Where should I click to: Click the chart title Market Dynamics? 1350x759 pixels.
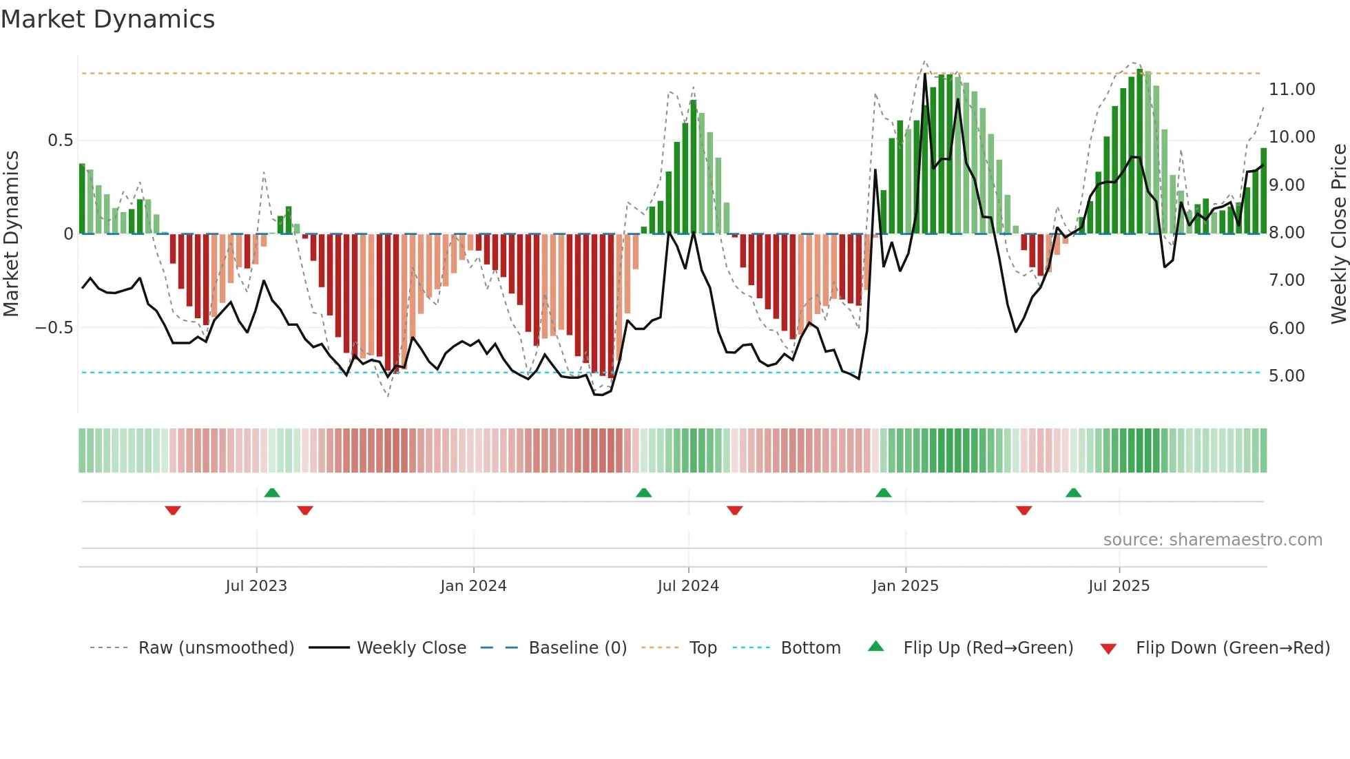coord(108,19)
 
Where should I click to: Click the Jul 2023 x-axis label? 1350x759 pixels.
coord(256,586)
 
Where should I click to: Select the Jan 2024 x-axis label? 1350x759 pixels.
coord(473,586)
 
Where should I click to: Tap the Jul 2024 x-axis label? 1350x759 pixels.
coord(688,586)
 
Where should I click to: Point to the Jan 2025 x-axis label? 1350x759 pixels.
coord(905,586)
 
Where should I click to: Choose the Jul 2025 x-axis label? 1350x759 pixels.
coord(1119,586)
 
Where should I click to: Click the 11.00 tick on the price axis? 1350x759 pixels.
coord(1291,90)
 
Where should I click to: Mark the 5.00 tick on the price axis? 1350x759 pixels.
coord(1287,376)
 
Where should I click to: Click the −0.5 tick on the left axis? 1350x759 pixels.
coord(54,328)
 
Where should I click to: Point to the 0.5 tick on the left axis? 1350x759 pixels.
coord(60,141)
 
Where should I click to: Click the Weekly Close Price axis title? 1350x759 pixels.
coord(1338,233)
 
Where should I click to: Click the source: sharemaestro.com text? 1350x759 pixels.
coord(1212,540)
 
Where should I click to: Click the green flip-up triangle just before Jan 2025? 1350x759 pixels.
coord(883,493)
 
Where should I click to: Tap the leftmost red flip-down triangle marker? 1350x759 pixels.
coord(173,510)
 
